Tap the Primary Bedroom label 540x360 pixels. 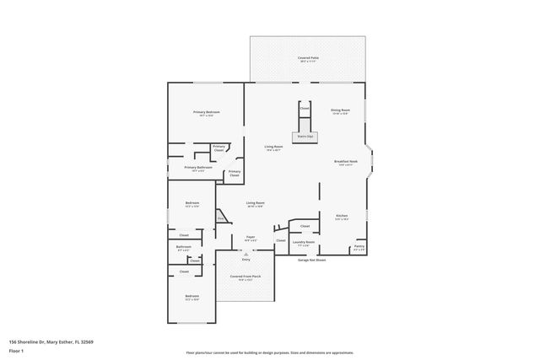[206, 113]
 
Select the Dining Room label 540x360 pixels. [340, 110]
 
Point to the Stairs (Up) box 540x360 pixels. [305, 135]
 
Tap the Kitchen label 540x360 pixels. [342, 217]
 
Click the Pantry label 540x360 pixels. [359, 247]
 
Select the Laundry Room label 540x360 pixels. [304, 244]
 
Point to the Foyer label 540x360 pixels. [251, 239]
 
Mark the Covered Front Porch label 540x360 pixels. [246, 277]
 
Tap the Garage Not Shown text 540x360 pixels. [311, 261]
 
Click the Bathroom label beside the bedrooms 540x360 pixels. [184, 248]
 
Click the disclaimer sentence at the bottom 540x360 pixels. [270, 352]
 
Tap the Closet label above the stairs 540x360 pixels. [305, 109]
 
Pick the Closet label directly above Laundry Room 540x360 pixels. [305, 226]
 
